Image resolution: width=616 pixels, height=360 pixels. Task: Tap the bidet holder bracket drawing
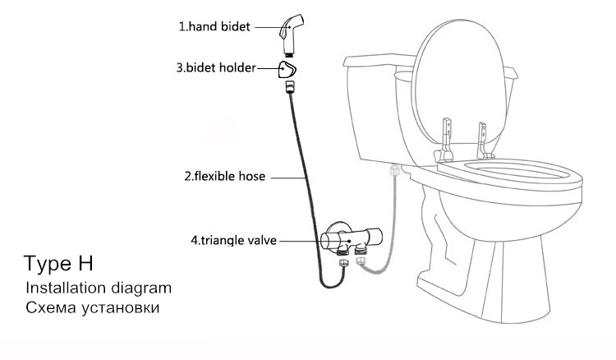(x=287, y=67)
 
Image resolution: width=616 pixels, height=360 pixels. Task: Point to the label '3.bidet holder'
(x=215, y=67)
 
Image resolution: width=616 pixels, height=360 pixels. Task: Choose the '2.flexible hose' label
(x=223, y=176)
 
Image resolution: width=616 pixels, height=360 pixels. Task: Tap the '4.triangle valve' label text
(x=233, y=241)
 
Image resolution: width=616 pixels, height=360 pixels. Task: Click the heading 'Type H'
(x=58, y=264)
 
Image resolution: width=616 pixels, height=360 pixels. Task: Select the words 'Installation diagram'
(x=98, y=288)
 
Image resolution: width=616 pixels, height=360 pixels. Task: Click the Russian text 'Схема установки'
(x=91, y=309)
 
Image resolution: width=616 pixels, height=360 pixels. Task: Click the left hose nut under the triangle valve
(x=343, y=264)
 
